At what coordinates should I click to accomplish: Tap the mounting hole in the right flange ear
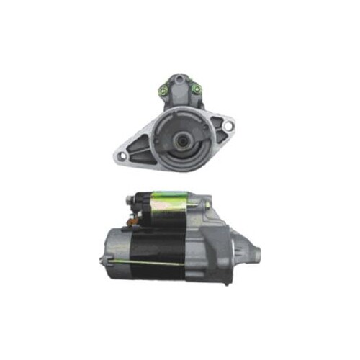tap(228, 127)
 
